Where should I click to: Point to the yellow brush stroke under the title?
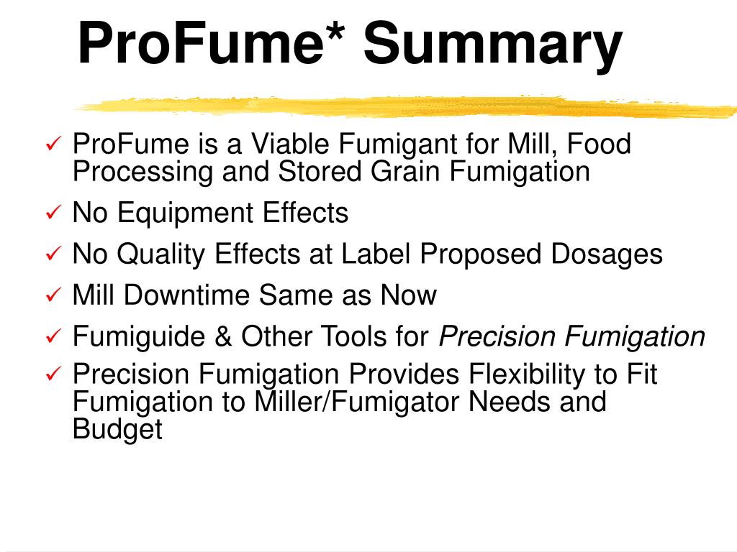[403, 106]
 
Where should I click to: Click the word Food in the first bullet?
[599, 144]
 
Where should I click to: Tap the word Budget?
[118, 429]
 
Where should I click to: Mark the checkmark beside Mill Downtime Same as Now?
[54, 295]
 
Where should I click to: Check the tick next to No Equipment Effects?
[54, 213]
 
